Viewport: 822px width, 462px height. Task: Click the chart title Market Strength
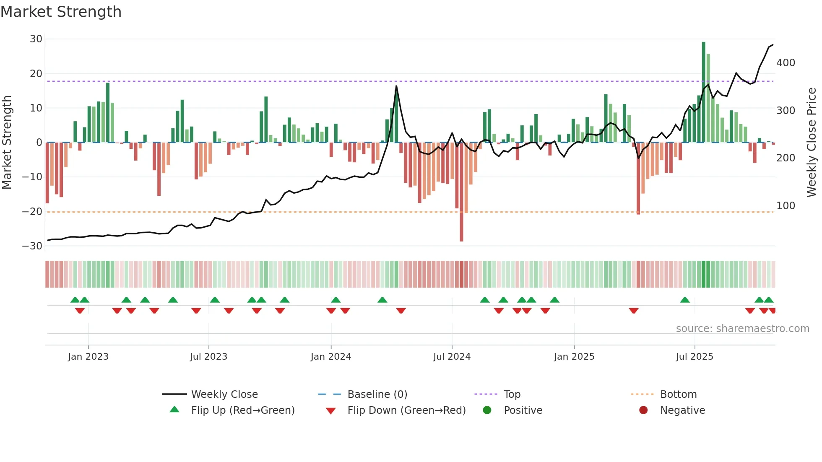(61, 12)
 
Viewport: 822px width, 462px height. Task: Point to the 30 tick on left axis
(36, 39)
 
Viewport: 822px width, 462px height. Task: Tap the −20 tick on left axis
(33, 212)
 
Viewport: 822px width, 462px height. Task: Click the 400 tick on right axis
(786, 63)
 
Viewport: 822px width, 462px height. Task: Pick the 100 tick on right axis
(786, 206)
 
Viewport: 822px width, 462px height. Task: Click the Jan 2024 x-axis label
(331, 357)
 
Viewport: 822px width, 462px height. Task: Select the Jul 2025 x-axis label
(695, 357)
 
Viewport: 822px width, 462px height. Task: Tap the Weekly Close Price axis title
(812, 143)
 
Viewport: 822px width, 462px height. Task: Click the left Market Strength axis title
(7, 143)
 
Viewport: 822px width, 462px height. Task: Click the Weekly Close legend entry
(224, 395)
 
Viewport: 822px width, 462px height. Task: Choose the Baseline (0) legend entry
(377, 395)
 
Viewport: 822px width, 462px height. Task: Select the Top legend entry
(512, 395)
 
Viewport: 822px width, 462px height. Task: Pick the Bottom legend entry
(678, 395)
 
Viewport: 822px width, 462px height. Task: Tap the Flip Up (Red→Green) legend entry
(243, 410)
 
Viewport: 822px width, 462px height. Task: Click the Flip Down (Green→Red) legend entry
(406, 410)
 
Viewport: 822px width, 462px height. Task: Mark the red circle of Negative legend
(643, 410)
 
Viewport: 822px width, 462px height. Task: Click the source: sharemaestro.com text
(742, 329)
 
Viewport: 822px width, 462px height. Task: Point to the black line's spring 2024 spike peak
(396, 86)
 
